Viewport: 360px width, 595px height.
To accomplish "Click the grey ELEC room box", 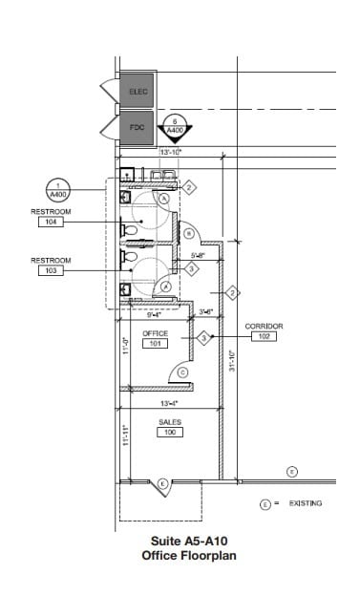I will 137,91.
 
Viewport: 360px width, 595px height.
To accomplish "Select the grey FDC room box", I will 137,126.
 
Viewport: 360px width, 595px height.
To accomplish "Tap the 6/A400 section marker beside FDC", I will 175,128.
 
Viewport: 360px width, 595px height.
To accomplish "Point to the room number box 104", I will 50,222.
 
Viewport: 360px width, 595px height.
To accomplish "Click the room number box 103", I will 50,270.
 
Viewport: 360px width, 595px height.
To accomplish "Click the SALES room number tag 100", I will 170,432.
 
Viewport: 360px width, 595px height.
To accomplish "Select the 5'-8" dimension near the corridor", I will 200,255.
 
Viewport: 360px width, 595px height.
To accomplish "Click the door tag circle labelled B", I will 190,232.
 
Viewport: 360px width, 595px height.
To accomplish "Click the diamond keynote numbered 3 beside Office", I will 202,337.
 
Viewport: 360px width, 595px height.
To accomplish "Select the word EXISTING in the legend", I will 305,502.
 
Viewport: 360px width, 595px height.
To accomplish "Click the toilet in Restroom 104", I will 131,230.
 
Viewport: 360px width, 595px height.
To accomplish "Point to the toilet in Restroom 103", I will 131,258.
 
